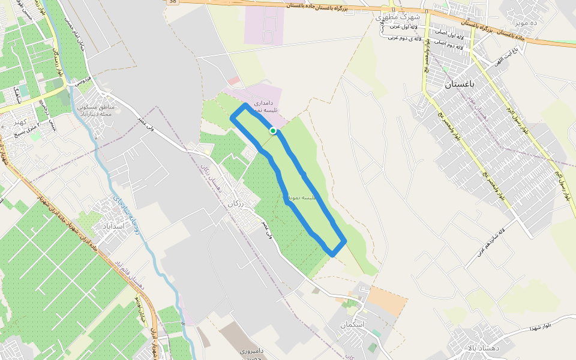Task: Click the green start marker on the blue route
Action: pyautogui.click(x=273, y=130)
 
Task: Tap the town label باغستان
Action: pyautogui.click(x=460, y=85)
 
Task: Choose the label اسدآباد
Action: pyautogui.click(x=112, y=226)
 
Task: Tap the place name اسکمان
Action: pyautogui.click(x=352, y=325)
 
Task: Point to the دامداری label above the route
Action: pyautogui.click(x=263, y=103)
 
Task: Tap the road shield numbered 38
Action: pyautogui.click(x=173, y=2)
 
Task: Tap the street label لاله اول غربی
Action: pyautogui.click(x=404, y=26)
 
